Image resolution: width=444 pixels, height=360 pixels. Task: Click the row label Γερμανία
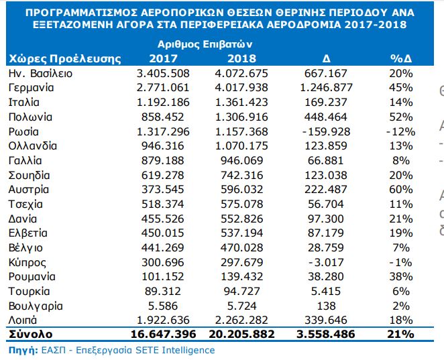coord(30,87)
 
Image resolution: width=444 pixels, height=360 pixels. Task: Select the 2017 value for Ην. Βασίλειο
coord(163,73)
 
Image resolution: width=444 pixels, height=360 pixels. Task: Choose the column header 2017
coord(163,58)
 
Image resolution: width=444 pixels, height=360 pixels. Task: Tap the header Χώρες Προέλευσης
coord(64,58)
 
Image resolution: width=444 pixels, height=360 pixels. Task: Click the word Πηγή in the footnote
coord(19,350)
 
